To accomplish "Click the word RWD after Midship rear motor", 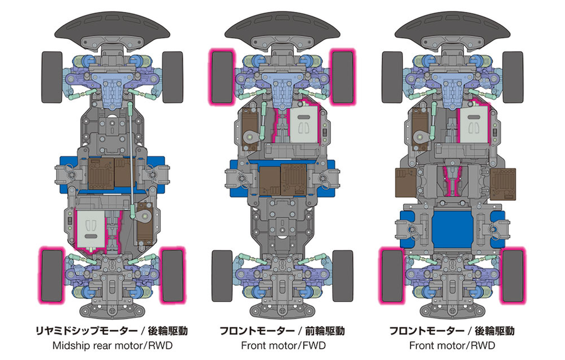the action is (159, 346).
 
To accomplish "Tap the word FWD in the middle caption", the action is (313, 346).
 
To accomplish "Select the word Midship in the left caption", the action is (71, 346).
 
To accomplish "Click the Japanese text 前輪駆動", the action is (325, 330).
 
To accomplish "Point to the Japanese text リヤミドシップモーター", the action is (86, 330).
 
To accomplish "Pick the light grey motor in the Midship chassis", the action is (91, 229).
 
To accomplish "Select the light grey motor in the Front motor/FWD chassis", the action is (304, 124).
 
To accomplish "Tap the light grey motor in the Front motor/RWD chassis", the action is (473, 124).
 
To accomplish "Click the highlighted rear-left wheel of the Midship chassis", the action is (52, 276).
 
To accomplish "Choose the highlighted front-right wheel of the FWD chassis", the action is (342, 77).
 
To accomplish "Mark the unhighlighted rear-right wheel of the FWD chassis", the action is (343, 276).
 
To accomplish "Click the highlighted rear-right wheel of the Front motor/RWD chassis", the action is (513, 276).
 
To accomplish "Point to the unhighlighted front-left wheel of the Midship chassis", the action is (52, 77).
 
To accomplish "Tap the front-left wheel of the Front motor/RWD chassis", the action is (392, 77).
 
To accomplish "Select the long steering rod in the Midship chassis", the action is (131, 159).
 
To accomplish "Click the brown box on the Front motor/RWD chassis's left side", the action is (406, 183).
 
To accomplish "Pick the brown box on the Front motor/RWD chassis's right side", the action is (503, 183).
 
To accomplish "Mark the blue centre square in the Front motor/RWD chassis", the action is (452, 229).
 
